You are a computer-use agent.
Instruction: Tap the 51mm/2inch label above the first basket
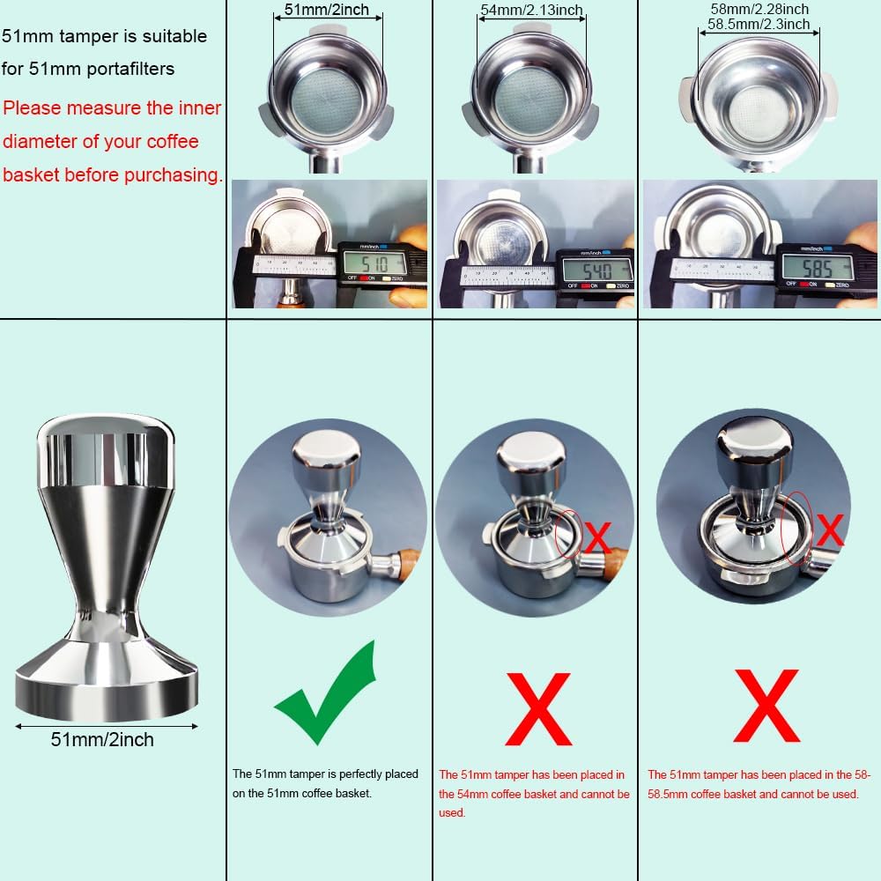pos(327,11)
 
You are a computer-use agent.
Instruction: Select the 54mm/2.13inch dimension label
pos(531,11)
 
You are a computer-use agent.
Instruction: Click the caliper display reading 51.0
pos(374,263)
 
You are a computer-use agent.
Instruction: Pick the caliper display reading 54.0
pos(595,269)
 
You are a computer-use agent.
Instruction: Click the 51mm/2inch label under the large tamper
pos(102,739)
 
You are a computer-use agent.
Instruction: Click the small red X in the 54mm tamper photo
pos(598,536)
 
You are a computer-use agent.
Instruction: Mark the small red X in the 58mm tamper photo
pos(828,530)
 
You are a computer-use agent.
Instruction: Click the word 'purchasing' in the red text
pos(168,174)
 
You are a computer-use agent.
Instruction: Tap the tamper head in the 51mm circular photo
pos(327,452)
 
